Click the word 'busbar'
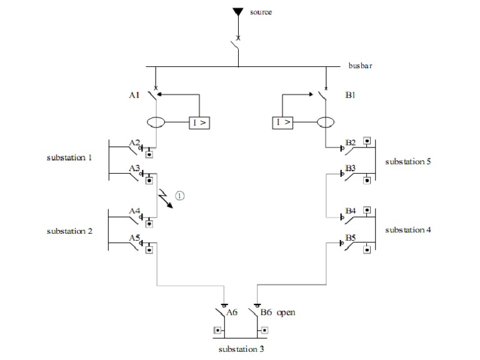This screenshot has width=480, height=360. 361,66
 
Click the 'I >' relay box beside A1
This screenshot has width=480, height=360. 199,122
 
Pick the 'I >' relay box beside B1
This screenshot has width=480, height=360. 282,122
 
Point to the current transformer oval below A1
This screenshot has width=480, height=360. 156,122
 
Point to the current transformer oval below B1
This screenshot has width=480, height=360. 326,122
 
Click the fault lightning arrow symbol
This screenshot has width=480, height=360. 164,199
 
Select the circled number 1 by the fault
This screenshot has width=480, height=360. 180,195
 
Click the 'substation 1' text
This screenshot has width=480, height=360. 69,157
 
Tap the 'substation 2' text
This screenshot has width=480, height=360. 69,231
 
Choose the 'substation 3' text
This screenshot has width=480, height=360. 241,349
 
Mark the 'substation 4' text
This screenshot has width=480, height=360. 408,230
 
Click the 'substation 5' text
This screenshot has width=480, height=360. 408,162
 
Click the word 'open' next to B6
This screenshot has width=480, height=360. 286,312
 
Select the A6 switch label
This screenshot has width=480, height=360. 232,312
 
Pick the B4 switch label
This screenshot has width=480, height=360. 351,211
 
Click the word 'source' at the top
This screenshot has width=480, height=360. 262,12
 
